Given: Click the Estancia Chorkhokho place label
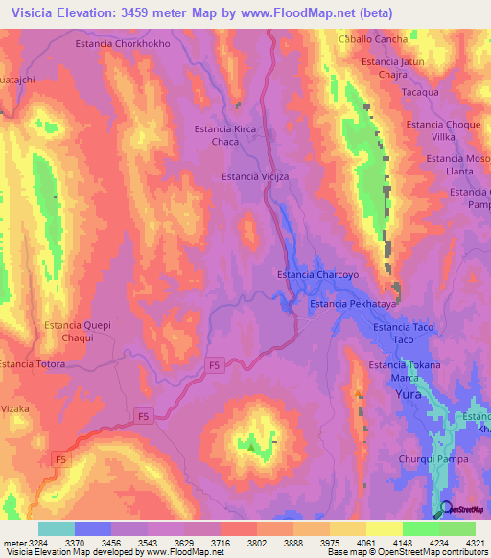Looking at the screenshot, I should point(122,43).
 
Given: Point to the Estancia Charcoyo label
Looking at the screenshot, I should point(317,274).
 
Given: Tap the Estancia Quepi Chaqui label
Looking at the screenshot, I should point(78,332).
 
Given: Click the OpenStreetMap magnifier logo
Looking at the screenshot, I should point(446,509).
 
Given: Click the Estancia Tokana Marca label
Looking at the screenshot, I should point(405,371).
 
